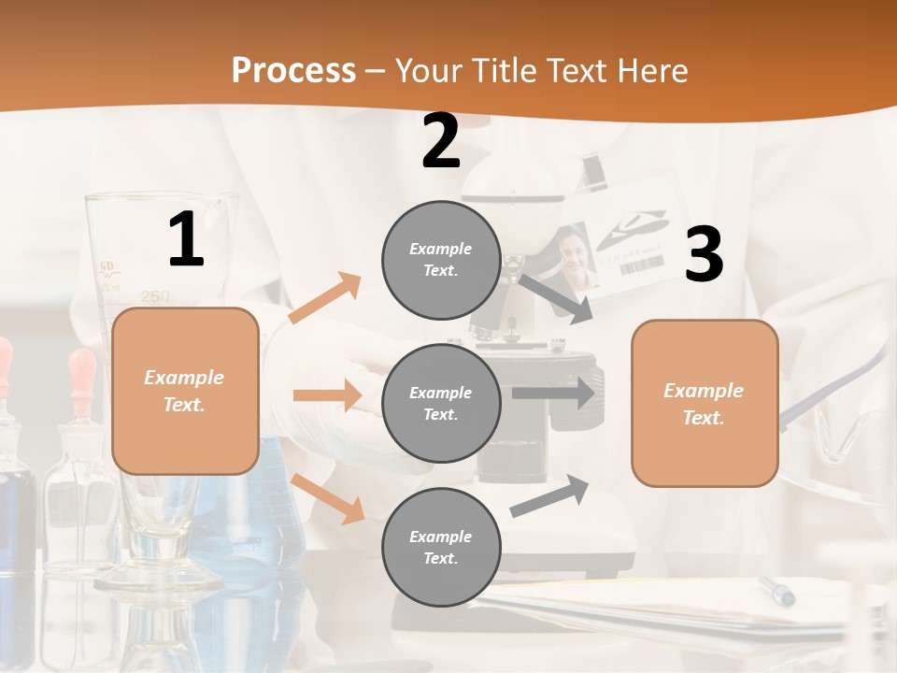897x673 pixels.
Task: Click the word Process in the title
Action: (293, 71)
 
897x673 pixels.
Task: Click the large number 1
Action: (186, 240)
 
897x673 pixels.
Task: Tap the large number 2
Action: (441, 141)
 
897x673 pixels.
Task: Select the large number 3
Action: (704, 254)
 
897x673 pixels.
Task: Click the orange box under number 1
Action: (185, 391)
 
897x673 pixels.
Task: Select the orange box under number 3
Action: (705, 404)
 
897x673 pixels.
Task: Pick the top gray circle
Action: (441, 260)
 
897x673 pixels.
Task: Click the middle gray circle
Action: (441, 404)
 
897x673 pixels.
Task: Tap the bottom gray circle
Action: (441, 548)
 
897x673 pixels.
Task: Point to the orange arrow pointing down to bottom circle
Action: (328, 498)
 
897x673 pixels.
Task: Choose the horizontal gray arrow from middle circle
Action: (552, 394)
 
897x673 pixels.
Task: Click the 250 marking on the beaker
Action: (155, 296)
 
